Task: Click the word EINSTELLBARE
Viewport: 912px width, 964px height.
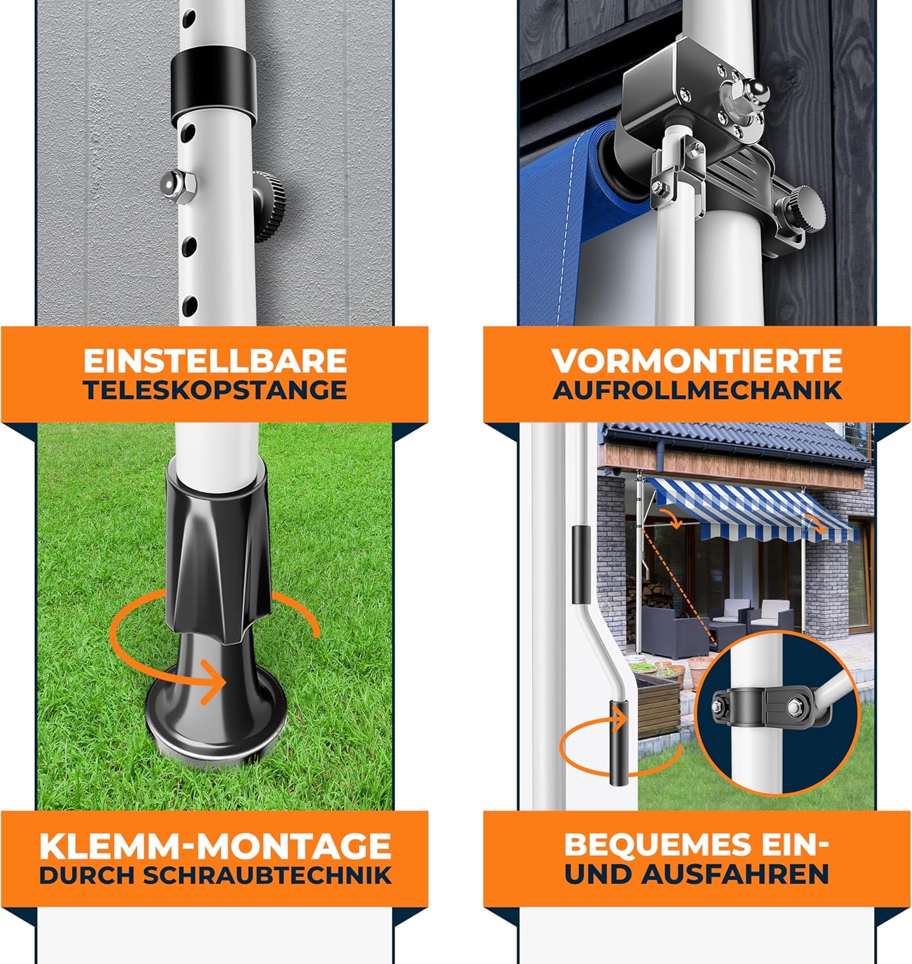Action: pyautogui.click(x=215, y=361)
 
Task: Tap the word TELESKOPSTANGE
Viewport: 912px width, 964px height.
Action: pyautogui.click(x=215, y=390)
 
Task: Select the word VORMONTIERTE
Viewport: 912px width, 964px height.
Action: pyautogui.click(x=697, y=361)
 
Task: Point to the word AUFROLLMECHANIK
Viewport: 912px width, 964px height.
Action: pyautogui.click(x=697, y=390)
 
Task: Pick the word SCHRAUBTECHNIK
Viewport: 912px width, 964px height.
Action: pyautogui.click(x=267, y=875)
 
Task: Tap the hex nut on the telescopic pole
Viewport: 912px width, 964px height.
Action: pyautogui.click(x=179, y=183)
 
